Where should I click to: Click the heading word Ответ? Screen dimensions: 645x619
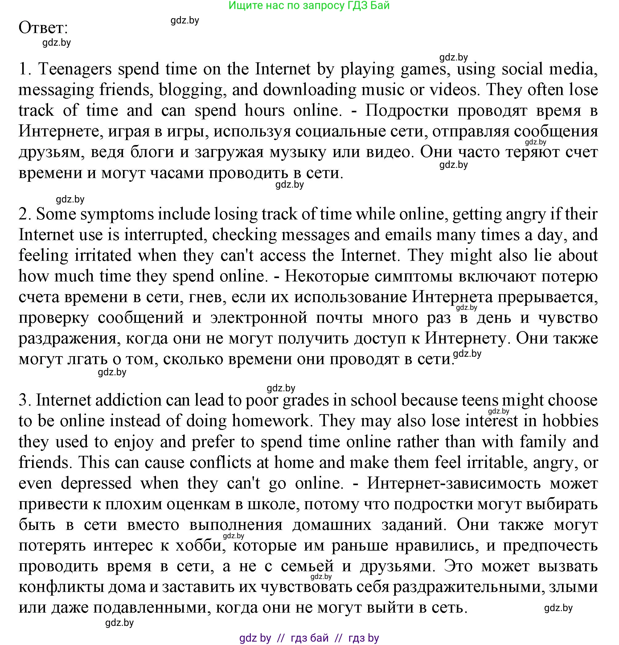tap(43, 28)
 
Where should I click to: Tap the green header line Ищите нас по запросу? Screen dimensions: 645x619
tap(309, 6)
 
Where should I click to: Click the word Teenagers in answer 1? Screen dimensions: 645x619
tap(75, 69)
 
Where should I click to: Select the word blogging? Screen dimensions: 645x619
tap(193, 90)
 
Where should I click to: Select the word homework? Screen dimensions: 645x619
tap(270, 421)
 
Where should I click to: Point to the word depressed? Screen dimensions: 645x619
tap(96, 483)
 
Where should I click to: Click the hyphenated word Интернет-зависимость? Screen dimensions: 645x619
tap(454, 483)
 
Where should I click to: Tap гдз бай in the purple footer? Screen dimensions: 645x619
tap(310, 638)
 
